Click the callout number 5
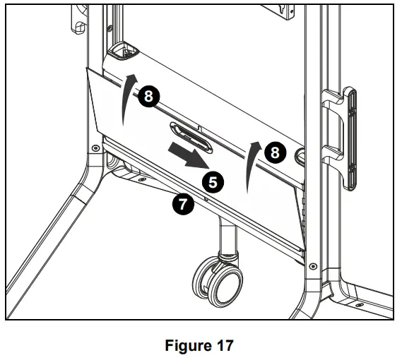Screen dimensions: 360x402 coord(213,182)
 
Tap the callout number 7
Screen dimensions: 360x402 coord(182,205)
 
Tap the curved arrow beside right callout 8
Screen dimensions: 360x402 coord(249,166)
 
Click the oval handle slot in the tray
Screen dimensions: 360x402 coord(189,135)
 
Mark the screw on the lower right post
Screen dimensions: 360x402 coord(313,267)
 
